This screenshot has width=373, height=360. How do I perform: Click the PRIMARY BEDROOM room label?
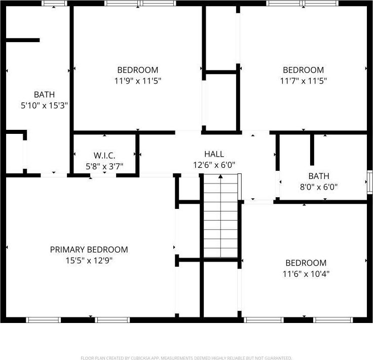89,249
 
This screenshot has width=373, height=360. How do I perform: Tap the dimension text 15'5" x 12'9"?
89,261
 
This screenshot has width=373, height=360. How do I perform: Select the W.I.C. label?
104,155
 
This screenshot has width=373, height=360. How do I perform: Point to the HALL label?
214,154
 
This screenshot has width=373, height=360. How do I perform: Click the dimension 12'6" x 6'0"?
214,165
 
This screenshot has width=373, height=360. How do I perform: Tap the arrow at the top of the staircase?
220,176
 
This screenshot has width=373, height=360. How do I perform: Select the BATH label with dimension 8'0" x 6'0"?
319,176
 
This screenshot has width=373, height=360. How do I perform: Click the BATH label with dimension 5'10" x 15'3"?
44,94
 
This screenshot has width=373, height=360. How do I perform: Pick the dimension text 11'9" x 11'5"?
138,81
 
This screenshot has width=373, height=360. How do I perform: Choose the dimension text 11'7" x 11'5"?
303,81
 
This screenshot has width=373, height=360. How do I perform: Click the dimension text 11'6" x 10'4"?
306,274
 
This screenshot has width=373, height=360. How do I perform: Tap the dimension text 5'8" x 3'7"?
104,166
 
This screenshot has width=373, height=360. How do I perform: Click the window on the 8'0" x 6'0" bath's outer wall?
370,179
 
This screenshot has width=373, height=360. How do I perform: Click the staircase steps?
220,223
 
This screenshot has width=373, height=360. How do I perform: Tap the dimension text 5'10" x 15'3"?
44,105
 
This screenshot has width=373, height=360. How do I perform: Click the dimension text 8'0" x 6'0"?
319,187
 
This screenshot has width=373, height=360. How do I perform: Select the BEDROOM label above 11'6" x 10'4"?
306,263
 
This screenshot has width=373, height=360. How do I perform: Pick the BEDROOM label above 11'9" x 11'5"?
138,70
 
